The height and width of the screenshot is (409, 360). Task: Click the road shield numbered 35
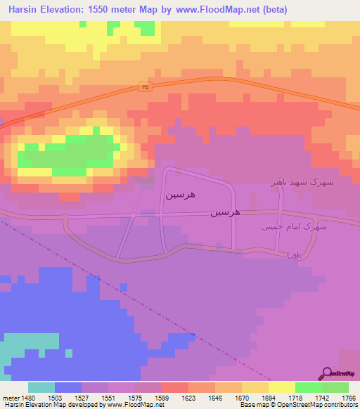pyautogui.click(x=143, y=88)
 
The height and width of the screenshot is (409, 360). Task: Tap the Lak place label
pyautogui.click(x=294, y=256)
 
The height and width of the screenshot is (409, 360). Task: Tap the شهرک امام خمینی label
pyautogui.click(x=304, y=227)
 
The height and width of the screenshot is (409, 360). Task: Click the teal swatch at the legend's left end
pyautogui.click(x=41, y=387)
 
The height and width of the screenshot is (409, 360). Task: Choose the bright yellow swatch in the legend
pyautogui.click(x=281, y=387)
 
